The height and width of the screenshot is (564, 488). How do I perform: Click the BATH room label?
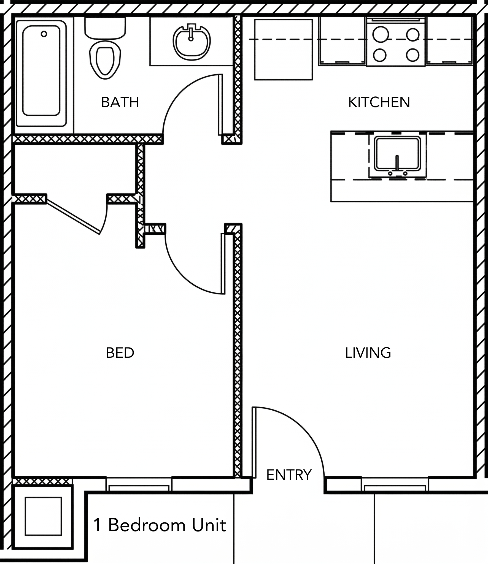coord(120,102)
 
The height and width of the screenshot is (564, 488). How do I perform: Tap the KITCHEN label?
coord(379,102)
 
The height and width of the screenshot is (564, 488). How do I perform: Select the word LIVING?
coord(368,353)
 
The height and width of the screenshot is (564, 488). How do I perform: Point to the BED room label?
coord(120,353)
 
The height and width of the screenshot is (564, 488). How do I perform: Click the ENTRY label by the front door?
coord(289,475)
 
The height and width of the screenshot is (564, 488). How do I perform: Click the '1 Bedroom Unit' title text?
coord(160,525)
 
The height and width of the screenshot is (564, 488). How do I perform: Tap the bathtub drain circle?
coord(44,34)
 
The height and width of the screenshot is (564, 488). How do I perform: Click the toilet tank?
coord(105,28)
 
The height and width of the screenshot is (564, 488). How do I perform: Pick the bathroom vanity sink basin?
coord(192,43)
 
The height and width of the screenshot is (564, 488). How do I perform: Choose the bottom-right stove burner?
coord(412,55)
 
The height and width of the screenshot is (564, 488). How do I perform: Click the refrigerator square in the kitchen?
coord(283,50)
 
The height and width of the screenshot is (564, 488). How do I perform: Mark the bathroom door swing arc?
coord(176,94)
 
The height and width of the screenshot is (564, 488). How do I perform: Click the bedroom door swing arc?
coord(182,275)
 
